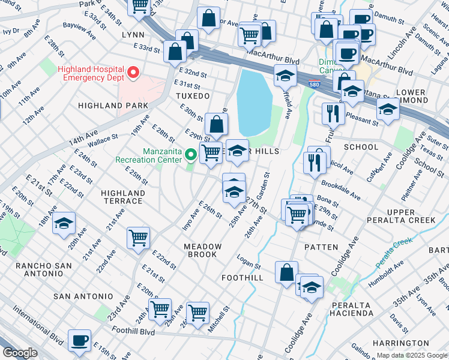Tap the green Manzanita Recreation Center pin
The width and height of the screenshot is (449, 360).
click(x=191, y=155)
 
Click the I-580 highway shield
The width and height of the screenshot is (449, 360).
click(x=314, y=86)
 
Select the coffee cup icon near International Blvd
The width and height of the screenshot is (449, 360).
click(x=79, y=340)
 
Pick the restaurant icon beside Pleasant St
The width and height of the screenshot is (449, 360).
click(x=332, y=112)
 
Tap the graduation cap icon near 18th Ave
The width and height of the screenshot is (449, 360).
click(x=63, y=223)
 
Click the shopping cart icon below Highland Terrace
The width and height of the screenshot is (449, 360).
click(x=138, y=237)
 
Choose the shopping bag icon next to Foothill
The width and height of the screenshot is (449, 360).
click(x=286, y=271)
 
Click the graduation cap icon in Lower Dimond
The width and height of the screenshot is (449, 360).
click(x=388, y=109)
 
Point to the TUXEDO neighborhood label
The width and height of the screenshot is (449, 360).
click(x=193, y=96)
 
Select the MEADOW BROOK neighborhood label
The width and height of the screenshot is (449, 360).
click(x=202, y=251)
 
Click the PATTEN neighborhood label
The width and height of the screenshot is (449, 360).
click(x=317, y=247)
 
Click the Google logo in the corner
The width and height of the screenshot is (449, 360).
click(x=20, y=353)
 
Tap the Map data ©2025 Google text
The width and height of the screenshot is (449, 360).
click(x=411, y=355)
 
